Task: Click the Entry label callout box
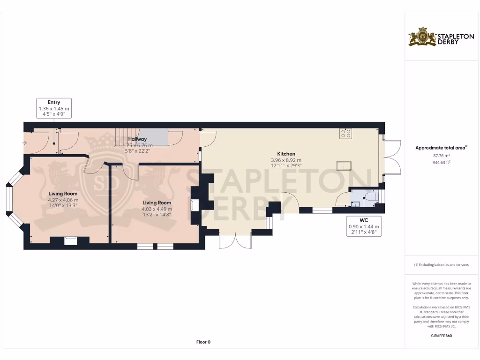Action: pos(54,108)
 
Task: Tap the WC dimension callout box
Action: pos(363,226)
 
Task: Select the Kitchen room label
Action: pos(286,154)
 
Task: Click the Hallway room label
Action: pos(138,139)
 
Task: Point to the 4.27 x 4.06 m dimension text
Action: pos(63,199)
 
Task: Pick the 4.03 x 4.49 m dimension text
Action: pos(157,209)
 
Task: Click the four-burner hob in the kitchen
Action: pos(345,134)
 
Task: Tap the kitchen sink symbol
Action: pos(344,165)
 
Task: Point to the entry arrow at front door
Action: pos(24,142)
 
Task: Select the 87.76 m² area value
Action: pos(441,155)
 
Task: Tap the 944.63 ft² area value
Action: pos(441,162)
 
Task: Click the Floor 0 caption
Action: pos(203,342)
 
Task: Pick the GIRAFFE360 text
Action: pos(441,336)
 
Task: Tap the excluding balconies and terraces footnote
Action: pos(441,265)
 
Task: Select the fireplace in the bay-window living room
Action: pos(70,240)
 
